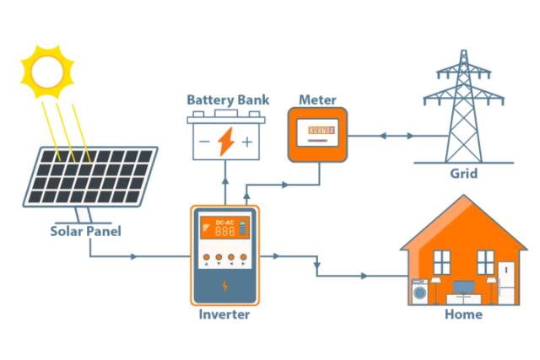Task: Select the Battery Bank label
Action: click(x=228, y=100)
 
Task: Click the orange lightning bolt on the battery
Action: click(x=227, y=141)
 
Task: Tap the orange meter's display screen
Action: click(x=321, y=132)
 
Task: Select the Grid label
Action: click(x=463, y=175)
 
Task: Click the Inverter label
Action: click(x=224, y=315)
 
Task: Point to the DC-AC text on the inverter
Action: click(x=224, y=222)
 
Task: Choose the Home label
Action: click(x=463, y=314)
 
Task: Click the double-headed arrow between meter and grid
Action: click(x=385, y=135)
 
